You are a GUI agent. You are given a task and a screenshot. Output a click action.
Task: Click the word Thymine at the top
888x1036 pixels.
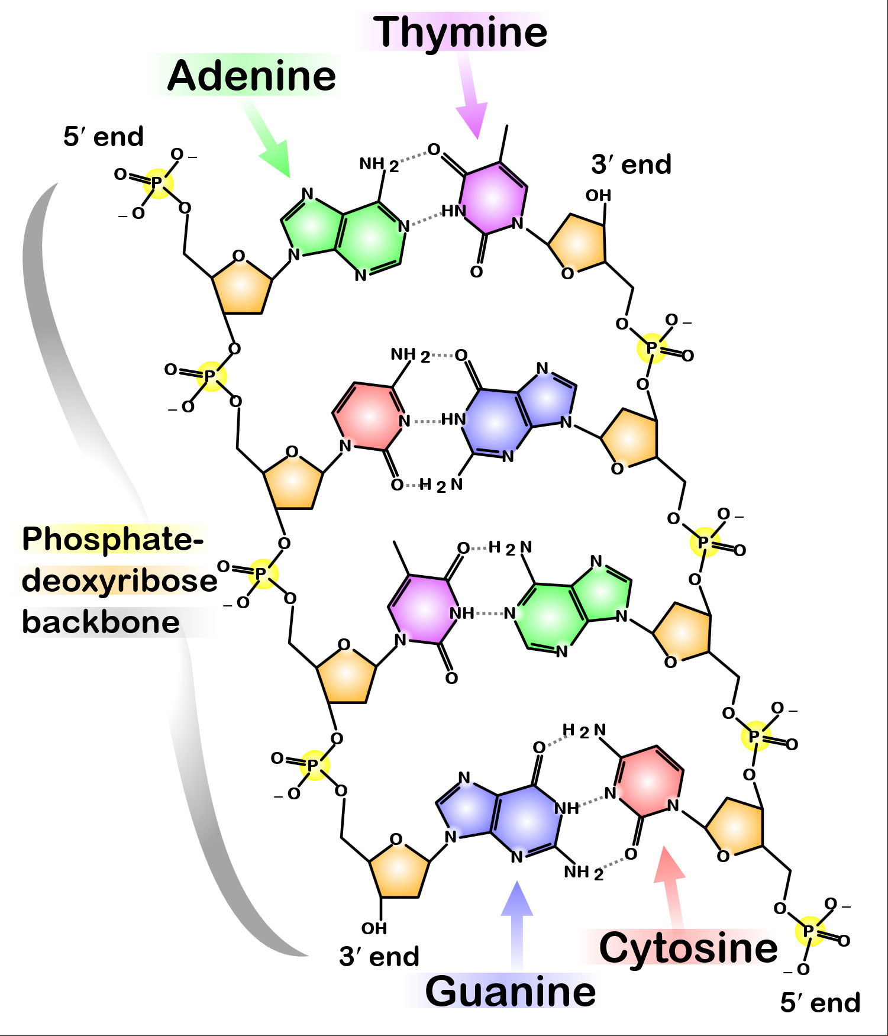(460, 33)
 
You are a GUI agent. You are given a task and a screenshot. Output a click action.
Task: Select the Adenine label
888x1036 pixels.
(251, 76)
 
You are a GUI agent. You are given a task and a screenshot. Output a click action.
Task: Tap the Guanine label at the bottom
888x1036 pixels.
(511, 992)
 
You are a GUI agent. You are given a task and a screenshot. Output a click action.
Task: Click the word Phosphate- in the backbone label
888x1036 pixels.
(113, 539)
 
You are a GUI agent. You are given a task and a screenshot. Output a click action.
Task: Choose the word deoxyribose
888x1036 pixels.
(120, 581)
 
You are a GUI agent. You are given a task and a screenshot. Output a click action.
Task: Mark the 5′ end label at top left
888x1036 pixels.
(104, 137)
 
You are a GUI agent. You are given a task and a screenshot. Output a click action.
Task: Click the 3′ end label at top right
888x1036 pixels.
(631, 164)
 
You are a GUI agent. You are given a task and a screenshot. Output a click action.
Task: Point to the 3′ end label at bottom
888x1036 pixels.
(379, 957)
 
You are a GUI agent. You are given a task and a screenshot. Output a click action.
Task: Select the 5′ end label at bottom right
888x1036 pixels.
(820, 1003)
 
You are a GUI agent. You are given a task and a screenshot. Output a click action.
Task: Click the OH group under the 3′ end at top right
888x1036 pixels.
(598, 196)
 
